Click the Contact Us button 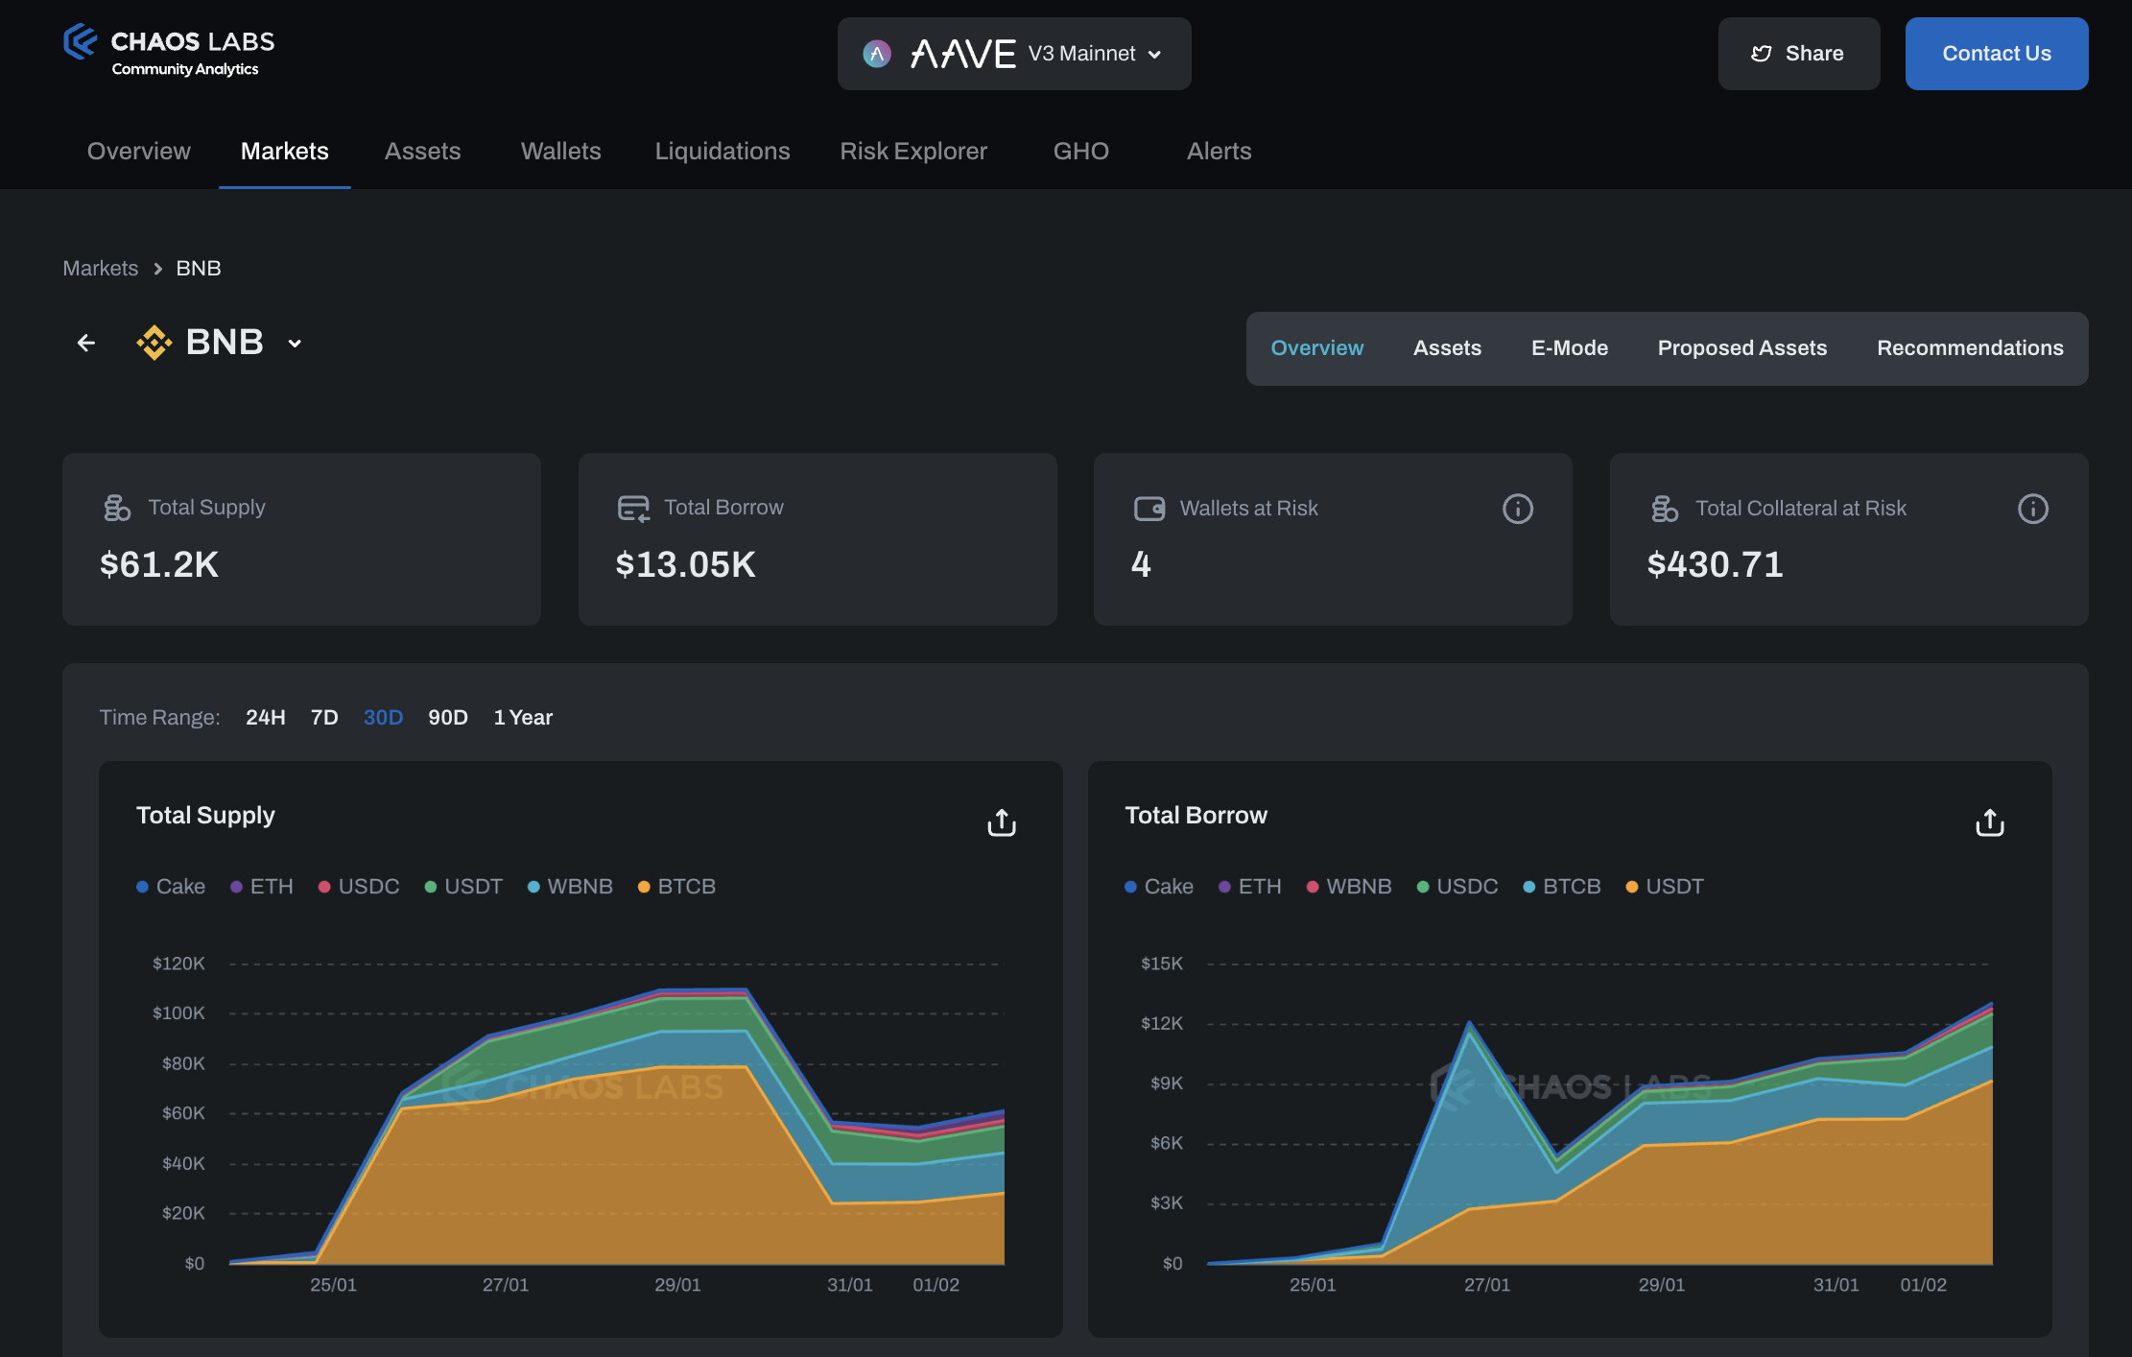tap(1996, 54)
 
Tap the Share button tap(1798, 54)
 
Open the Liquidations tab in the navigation tap(722, 151)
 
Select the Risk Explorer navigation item tap(912, 151)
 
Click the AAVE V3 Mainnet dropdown tap(1013, 54)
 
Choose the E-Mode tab tap(1569, 348)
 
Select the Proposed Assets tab tap(1741, 348)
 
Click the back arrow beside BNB tap(86, 343)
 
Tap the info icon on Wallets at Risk tap(1517, 509)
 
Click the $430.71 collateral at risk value tap(1715, 564)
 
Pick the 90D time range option tap(447, 718)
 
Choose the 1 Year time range tap(523, 718)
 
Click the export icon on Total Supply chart tap(1001, 822)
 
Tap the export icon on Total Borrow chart tap(1989, 822)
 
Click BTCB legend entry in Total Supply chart tap(677, 887)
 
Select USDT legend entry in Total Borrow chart tap(1666, 887)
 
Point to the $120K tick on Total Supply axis tap(178, 964)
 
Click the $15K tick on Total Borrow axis tap(1161, 964)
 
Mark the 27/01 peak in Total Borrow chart tap(1469, 1023)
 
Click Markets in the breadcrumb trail tap(100, 269)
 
